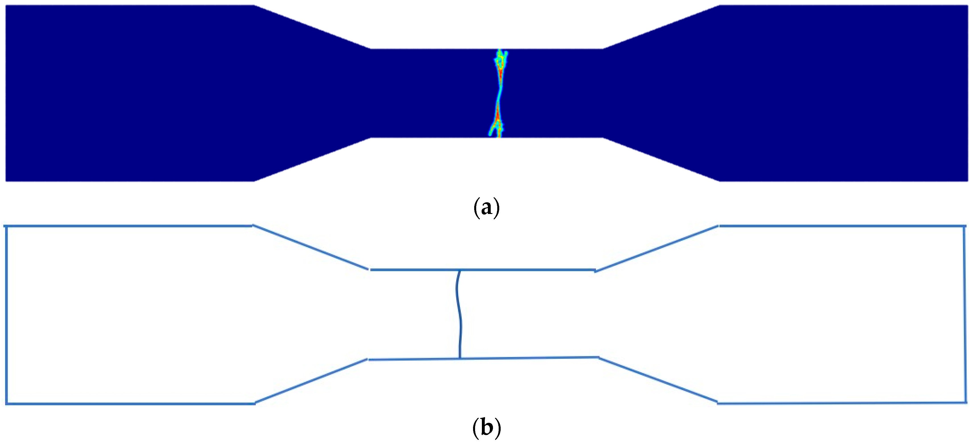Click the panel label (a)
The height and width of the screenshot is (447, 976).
pos(486,208)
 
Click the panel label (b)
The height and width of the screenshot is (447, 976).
pos(486,428)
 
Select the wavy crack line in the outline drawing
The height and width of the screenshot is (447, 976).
pos(459,314)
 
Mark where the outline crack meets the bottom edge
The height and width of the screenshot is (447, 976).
pos(460,358)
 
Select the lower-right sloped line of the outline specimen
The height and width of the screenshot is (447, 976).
pos(658,380)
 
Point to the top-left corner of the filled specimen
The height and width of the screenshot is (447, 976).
pos(6,6)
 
